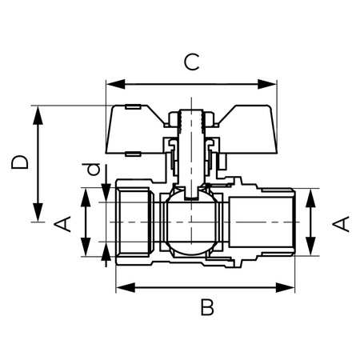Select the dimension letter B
(x=207, y=306)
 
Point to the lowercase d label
(x=94, y=170)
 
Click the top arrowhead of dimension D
(x=37, y=110)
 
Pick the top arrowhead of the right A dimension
(x=314, y=194)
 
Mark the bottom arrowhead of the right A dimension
(x=314, y=250)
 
